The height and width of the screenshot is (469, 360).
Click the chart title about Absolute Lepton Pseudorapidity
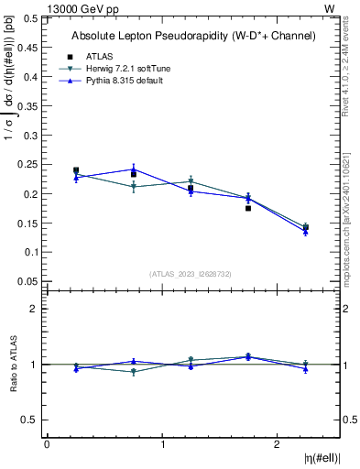click(x=193, y=36)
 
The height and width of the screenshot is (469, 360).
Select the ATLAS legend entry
click(x=98, y=56)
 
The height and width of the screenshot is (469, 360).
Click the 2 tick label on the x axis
click(x=278, y=444)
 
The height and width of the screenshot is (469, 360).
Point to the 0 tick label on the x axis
click(x=47, y=444)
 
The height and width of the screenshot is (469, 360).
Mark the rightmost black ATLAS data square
click(x=306, y=227)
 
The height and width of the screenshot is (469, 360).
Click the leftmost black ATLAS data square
click(x=76, y=170)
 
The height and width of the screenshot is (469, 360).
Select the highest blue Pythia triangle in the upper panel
click(x=134, y=169)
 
